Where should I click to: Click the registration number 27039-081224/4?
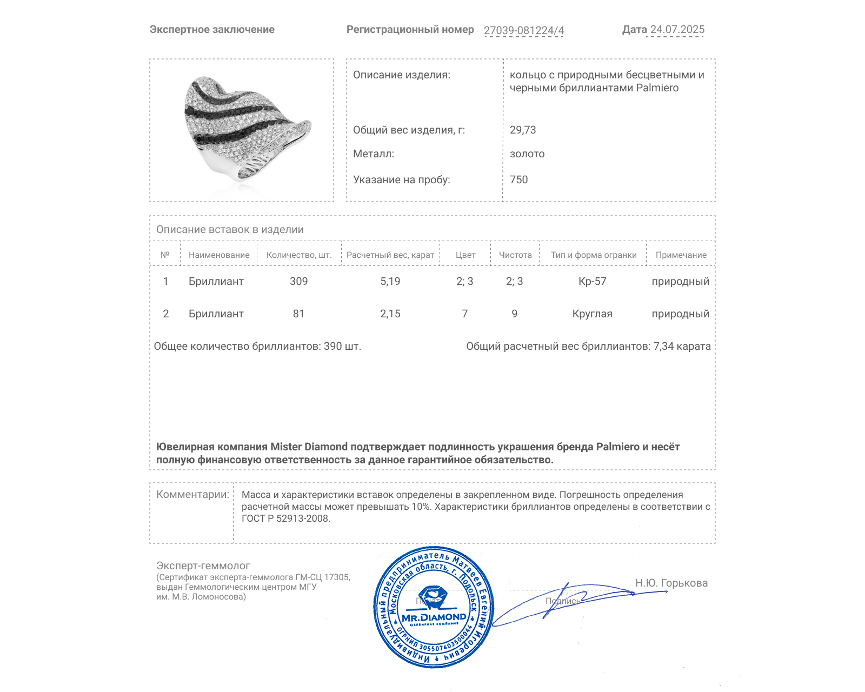(x=523, y=30)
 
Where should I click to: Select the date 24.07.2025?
(x=677, y=30)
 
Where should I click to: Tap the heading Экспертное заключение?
(x=212, y=30)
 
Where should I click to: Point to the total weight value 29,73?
(x=523, y=130)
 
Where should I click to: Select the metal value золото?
(x=527, y=154)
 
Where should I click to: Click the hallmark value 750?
(x=518, y=179)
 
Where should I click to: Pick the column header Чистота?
(x=515, y=255)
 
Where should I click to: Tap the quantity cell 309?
(x=298, y=281)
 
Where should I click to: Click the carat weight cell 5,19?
(x=390, y=281)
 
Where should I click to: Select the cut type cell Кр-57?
(x=593, y=281)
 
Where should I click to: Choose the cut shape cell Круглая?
(x=593, y=314)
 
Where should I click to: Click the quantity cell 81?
(x=298, y=314)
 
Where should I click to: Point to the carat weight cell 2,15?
(x=390, y=314)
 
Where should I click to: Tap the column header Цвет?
(x=465, y=255)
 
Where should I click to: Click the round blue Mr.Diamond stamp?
(x=434, y=608)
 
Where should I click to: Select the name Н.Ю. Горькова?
(x=671, y=583)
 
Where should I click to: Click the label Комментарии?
(x=192, y=494)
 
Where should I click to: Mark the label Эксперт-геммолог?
(x=203, y=565)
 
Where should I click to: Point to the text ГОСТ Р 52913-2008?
(x=285, y=518)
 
